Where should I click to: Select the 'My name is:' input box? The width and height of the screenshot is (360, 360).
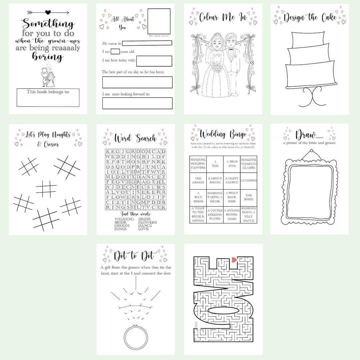[147, 43]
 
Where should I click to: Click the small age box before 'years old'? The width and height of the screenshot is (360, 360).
[115, 51]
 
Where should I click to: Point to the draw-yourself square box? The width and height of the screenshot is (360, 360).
[159, 21]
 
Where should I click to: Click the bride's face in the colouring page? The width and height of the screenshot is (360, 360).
[215, 43]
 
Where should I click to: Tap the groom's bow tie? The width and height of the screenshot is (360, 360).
[230, 49]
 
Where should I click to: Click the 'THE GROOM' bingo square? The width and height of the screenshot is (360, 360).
[198, 180]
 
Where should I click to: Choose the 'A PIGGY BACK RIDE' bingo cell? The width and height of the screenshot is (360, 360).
[232, 197]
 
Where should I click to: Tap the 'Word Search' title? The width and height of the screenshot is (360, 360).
[135, 138]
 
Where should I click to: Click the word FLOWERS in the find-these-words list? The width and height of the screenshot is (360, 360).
[147, 222]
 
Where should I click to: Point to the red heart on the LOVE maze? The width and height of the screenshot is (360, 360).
[234, 259]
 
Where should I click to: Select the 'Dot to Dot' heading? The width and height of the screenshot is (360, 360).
[135, 256]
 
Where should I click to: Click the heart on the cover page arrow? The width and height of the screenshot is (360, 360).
[48, 13]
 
